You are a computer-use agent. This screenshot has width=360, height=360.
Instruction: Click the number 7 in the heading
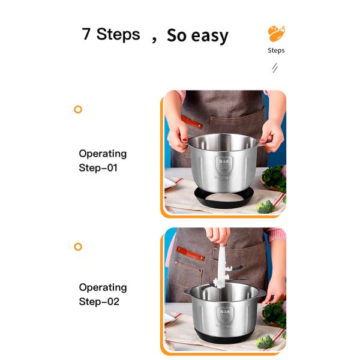click(86, 34)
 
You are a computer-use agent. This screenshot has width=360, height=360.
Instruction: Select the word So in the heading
click(176, 35)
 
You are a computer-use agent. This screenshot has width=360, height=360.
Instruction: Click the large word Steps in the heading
click(118, 34)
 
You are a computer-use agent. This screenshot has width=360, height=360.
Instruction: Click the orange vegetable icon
click(276, 33)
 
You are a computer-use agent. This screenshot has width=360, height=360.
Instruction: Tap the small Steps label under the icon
click(276, 50)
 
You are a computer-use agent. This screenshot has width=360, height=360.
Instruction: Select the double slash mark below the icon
click(275, 68)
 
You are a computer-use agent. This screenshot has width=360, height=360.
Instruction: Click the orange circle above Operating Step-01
click(77, 109)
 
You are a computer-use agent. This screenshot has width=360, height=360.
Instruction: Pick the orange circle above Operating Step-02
click(77, 247)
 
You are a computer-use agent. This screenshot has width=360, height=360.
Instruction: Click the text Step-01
click(98, 168)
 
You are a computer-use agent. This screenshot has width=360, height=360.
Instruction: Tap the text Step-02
click(99, 302)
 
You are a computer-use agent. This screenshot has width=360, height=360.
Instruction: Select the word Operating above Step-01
click(103, 154)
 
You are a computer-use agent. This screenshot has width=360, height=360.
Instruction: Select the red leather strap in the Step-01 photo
click(193, 122)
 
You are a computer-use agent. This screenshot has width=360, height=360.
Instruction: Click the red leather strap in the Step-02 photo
click(190, 253)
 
